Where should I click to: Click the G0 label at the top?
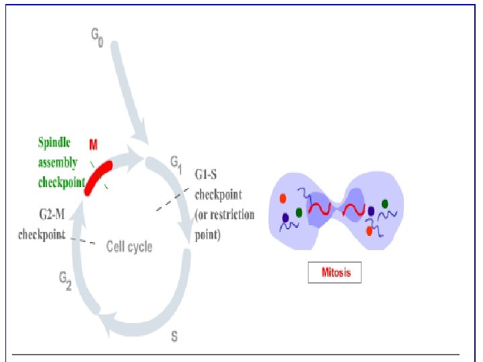point(98,38)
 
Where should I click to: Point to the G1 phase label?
point(175,162)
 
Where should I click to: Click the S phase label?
point(174,336)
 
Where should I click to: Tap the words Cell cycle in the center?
point(129,247)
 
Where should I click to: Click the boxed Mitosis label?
point(334,273)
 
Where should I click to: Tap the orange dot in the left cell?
point(283,198)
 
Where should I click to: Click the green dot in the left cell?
point(298,213)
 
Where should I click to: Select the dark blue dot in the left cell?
point(286,218)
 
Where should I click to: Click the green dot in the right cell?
point(385,204)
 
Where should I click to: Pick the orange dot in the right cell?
point(369,231)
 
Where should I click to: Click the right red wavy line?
point(352,211)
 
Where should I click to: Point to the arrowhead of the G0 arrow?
point(142,134)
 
